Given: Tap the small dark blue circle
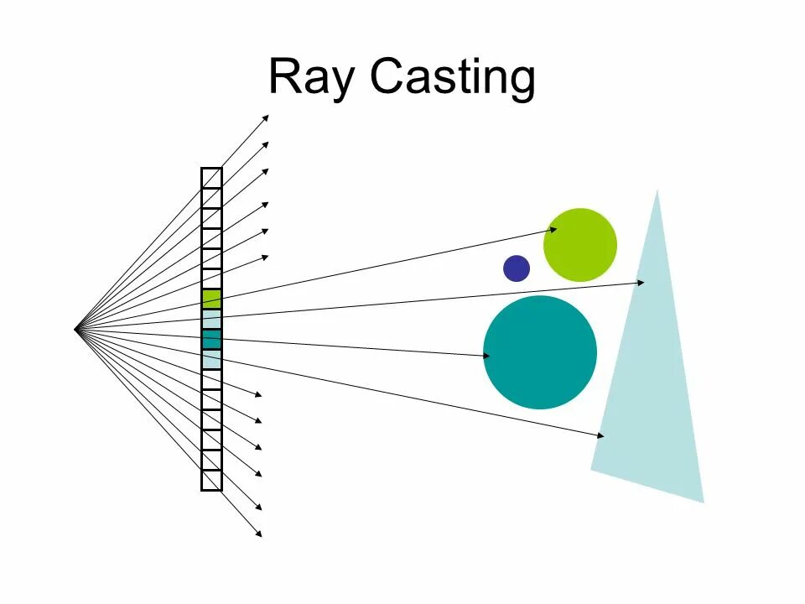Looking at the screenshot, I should [517, 268].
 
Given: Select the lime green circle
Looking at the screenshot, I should [580, 245].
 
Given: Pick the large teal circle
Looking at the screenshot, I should [540, 352].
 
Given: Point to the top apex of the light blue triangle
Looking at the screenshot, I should [657, 191].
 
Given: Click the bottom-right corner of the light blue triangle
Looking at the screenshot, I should [703, 501].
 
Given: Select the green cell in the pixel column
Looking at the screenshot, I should [211, 299].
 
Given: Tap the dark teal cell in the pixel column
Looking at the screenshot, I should [211, 339].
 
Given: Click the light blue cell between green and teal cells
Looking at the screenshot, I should [211, 320].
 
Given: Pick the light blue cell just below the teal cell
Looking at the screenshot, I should [211, 359].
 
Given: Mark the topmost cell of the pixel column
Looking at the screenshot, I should [211, 178].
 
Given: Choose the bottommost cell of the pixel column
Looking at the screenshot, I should [211, 481].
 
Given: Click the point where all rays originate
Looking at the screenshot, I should [75, 329].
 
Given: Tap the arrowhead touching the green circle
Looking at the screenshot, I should [553, 228].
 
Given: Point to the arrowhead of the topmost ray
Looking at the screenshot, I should [266, 117].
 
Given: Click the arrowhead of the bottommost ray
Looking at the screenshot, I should [259, 534].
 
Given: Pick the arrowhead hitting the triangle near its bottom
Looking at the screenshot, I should [600, 435].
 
